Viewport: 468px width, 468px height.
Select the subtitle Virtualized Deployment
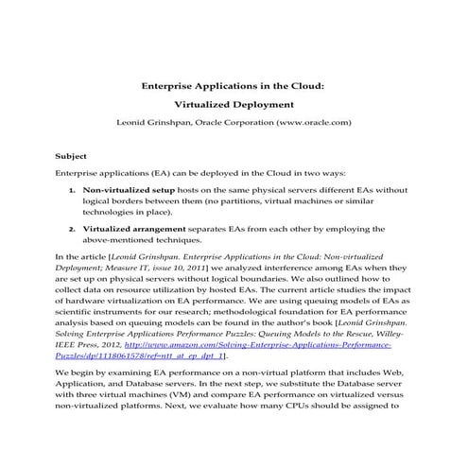(234, 104)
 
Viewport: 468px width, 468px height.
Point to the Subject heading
(72, 155)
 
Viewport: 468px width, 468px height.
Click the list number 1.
(73, 189)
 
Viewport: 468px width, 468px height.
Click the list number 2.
(73, 228)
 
